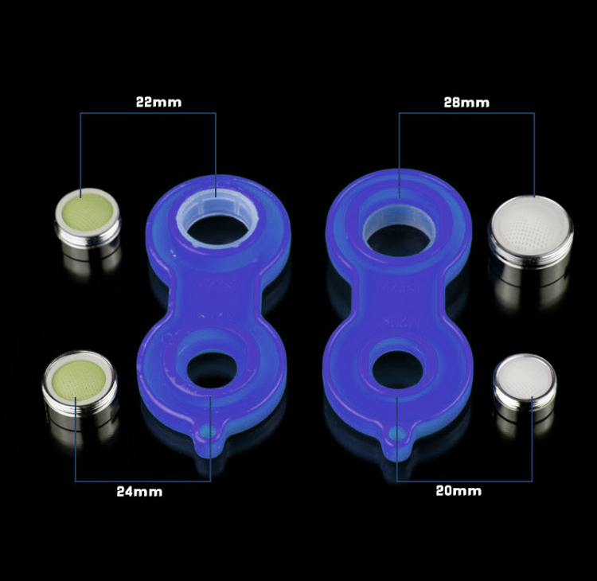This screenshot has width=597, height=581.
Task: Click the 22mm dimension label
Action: [158, 103]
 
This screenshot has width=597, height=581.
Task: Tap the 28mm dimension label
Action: [466, 103]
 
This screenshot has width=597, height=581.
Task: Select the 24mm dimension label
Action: [139, 492]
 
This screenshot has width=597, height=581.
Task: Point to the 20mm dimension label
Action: [458, 491]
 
